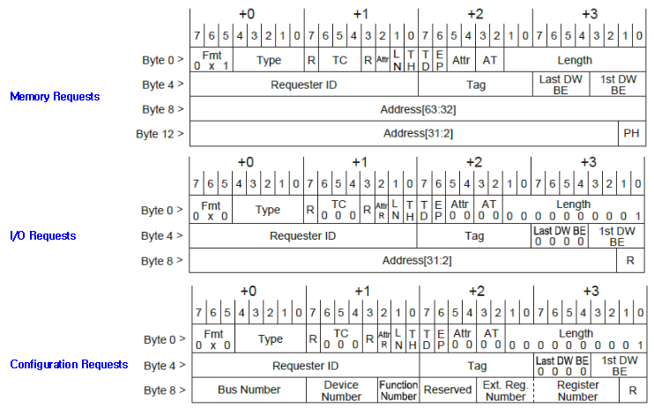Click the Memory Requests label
pos(54,96)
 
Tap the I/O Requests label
pos(42,235)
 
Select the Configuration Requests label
pos(69,364)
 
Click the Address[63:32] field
pos(419,110)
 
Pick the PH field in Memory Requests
pos(631,134)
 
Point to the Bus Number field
pos(249,389)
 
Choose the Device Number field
pos(341,390)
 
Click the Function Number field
pos(398,390)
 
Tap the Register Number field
pos(577,390)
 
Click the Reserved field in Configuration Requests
pos(449,389)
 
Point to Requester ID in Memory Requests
pos(303,85)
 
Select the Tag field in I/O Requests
pos(475,236)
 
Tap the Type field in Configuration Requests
pos(270,339)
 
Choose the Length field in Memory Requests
pos(575,61)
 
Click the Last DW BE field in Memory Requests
pos(560,85)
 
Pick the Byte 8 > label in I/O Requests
pos(163,261)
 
